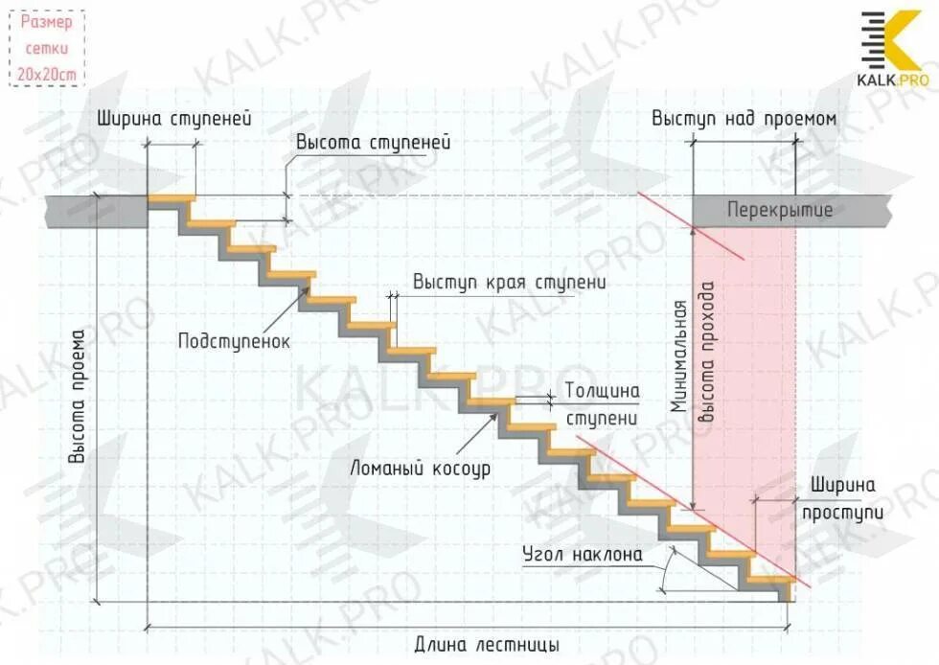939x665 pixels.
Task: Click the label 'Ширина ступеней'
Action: coord(173,120)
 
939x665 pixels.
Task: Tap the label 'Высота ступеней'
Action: coord(373,142)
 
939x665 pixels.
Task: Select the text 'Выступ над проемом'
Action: coord(744,119)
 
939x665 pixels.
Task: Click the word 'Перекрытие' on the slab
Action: coord(779,210)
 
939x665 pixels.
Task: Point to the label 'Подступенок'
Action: coord(233,340)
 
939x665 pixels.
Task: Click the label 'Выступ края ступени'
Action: coord(510,283)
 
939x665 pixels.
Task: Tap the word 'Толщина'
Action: coord(602,391)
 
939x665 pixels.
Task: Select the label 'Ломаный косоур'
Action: coord(421,469)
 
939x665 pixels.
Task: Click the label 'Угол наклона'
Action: coord(583,554)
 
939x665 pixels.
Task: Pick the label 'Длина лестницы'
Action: coord(486,644)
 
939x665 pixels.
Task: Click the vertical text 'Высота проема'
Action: coord(79,398)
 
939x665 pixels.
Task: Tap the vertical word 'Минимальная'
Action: coord(679,356)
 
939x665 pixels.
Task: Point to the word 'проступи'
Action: coord(842,511)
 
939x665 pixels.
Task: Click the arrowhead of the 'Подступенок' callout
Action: coord(312,278)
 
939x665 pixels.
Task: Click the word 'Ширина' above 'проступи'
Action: coord(843,486)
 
